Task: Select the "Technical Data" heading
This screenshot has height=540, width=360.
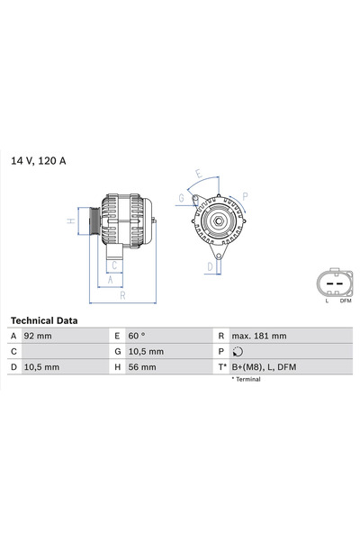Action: coord(44,320)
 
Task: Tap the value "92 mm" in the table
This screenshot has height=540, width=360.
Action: coord(39,336)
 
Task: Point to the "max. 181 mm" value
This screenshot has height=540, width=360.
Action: coord(258,336)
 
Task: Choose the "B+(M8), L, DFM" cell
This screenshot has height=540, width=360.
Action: coord(264,367)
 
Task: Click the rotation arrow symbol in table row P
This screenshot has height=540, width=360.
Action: coord(237,352)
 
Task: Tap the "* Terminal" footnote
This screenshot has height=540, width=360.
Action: coord(246,380)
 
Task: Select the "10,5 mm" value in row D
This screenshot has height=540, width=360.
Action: coord(41,367)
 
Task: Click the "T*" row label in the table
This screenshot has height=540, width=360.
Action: coord(221,367)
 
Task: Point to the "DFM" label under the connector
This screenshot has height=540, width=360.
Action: coord(345,301)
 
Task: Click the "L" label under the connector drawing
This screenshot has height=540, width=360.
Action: coord(327,301)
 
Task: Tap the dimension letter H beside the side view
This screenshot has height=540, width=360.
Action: coord(70,220)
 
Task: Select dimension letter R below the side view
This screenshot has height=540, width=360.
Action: coord(122,294)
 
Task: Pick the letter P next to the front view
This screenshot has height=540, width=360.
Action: coord(245,194)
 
